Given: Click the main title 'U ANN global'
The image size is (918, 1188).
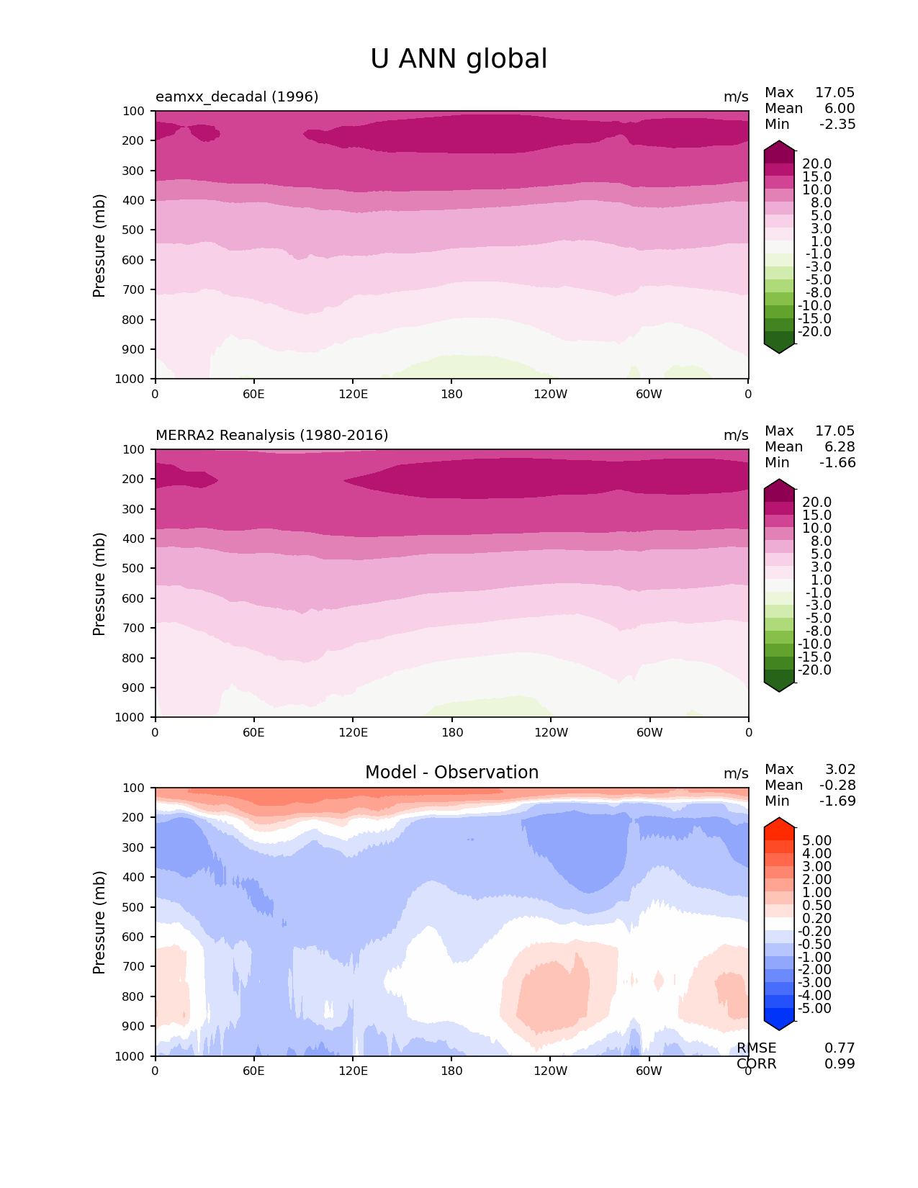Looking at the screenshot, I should pos(459,59).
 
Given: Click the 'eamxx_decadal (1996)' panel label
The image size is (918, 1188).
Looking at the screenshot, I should pos(237,96).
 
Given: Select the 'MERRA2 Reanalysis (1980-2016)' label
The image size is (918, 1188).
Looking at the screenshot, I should pos(271,435).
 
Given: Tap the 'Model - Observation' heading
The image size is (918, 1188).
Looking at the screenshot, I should pos(451,773).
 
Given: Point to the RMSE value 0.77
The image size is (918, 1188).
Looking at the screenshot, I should pos(840,1048).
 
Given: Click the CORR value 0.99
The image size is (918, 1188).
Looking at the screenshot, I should pos(840,1063).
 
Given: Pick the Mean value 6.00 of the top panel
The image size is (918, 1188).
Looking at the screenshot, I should pos(840,108).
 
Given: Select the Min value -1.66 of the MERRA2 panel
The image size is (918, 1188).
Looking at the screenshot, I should pos(837,462).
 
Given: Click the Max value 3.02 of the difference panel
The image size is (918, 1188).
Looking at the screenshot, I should pos(840,769).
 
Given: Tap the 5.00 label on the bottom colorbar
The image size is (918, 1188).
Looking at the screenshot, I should pos(816,841).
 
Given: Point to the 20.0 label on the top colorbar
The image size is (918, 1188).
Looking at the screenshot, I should pos(816,164).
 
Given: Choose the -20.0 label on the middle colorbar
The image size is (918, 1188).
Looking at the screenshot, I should pos(814,670).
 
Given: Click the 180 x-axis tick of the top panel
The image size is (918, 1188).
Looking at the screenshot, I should pos(451,394).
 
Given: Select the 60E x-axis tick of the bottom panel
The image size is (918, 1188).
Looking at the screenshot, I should pos(253,1071).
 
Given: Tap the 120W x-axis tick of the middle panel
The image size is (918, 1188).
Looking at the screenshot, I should pos(551,732).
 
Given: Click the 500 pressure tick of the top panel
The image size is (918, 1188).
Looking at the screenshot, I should pos(135,230).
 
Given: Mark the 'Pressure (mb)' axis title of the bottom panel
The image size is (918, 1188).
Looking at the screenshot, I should pos(99,922).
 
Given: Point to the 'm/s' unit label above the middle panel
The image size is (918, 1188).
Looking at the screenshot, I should pos(736,435).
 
